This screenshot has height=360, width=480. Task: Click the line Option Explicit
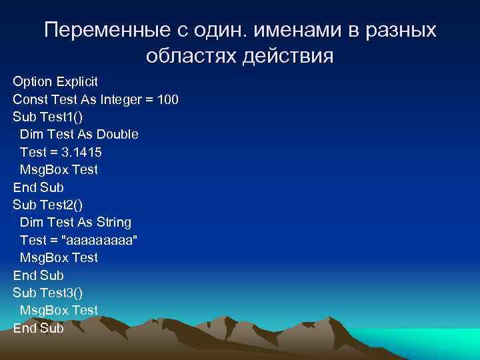[x=55, y=81]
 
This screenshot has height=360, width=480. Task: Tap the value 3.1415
[x=79, y=152]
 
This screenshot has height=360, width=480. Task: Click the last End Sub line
[x=38, y=328]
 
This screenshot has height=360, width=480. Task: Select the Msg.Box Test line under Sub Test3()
[x=59, y=310]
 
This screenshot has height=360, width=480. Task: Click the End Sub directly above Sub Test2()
[x=38, y=187]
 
